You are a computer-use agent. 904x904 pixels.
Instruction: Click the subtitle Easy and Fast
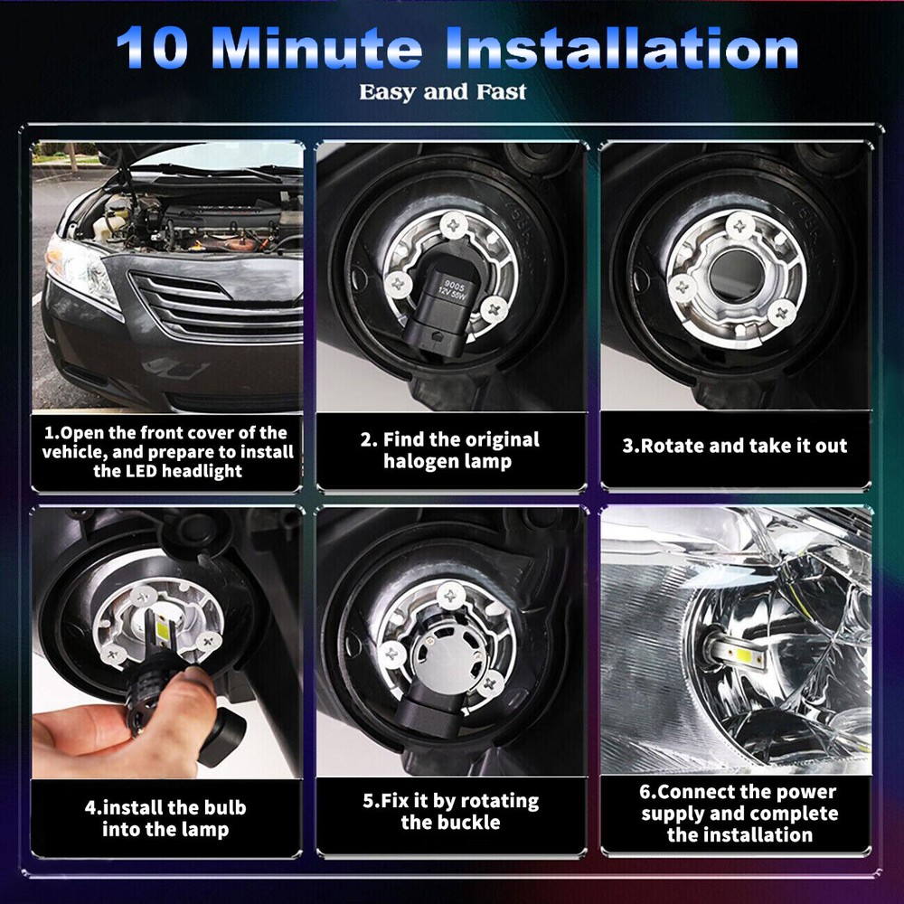click(x=443, y=92)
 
